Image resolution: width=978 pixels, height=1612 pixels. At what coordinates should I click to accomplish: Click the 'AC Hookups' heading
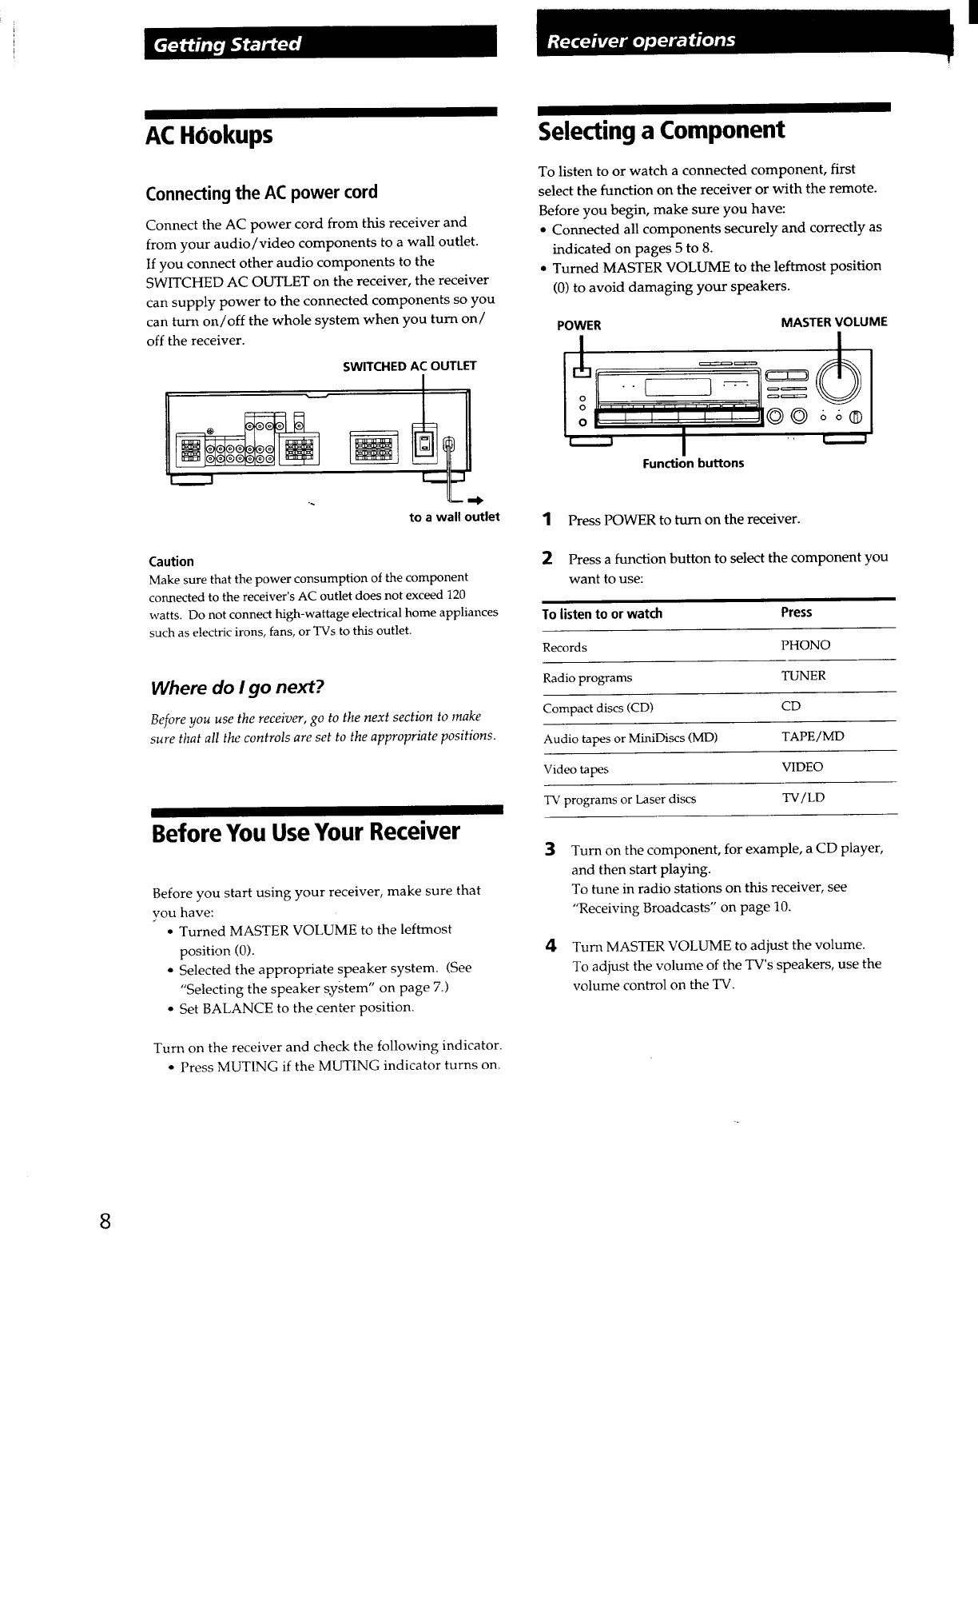coord(209,136)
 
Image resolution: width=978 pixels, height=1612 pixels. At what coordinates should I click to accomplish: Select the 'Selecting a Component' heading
coord(662,130)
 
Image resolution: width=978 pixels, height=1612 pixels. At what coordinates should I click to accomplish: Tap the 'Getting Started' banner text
coord(228,44)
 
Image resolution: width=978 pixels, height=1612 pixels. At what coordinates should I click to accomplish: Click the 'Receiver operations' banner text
coord(642,40)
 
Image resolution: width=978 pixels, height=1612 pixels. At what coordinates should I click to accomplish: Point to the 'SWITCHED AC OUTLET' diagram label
coord(409,366)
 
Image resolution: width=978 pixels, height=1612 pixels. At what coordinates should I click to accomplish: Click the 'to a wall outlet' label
coord(454,517)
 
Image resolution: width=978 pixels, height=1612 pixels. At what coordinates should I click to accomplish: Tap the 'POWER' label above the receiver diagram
coord(578,325)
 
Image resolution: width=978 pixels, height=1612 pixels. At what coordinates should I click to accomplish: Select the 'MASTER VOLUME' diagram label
coord(833,322)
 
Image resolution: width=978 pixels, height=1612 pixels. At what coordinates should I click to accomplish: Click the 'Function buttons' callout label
coord(693,463)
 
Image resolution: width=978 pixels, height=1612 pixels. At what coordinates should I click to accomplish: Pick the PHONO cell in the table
coord(805,645)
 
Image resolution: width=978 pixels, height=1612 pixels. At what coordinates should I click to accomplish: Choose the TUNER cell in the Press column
coord(803,676)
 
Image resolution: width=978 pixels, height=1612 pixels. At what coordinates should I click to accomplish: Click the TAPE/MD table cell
coord(812,736)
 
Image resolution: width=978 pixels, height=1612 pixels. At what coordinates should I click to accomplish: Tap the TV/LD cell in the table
coord(803,797)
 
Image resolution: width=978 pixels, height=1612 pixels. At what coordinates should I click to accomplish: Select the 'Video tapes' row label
coord(575,769)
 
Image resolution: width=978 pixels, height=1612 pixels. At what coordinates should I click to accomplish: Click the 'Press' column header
coord(796,612)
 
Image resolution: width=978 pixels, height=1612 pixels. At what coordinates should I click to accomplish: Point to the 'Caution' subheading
coord(171,561)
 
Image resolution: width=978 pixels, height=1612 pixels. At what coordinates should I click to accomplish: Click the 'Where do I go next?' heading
coord(237,688)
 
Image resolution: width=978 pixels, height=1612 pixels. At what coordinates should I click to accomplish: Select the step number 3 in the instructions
coord(550,848)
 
